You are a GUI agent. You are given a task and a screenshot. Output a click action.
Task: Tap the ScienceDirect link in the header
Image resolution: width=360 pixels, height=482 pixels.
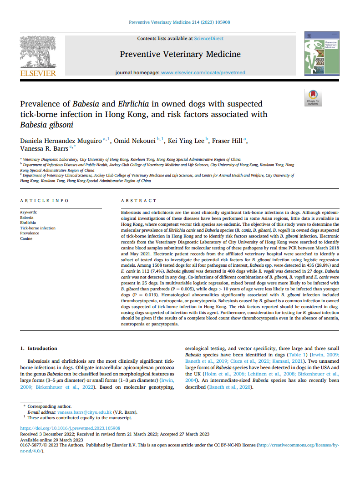[208, 39]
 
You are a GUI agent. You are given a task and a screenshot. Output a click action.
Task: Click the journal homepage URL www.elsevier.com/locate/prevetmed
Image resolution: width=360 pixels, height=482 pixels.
[203, 72]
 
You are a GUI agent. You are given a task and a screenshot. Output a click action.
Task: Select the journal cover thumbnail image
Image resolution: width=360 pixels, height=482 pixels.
[321, 54]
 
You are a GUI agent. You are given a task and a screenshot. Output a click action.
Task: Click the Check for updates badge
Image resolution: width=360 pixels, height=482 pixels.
[313, 97]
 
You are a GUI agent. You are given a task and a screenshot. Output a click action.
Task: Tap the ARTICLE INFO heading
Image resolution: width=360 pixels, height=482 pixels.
[45, 201]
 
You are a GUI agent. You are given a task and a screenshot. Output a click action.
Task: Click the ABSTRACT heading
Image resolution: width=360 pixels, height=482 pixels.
[138, 201]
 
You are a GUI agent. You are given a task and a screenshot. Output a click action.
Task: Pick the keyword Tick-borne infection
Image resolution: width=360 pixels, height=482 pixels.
[38, 228]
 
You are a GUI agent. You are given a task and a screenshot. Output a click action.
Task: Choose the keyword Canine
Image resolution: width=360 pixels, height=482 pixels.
[26, 238]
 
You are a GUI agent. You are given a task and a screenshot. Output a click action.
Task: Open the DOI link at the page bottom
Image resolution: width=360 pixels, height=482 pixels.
[70, 428]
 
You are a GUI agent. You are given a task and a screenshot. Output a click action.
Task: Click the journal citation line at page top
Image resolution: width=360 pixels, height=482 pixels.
[180, 21]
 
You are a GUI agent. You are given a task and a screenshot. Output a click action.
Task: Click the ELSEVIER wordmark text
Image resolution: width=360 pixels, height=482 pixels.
[38, 73]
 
